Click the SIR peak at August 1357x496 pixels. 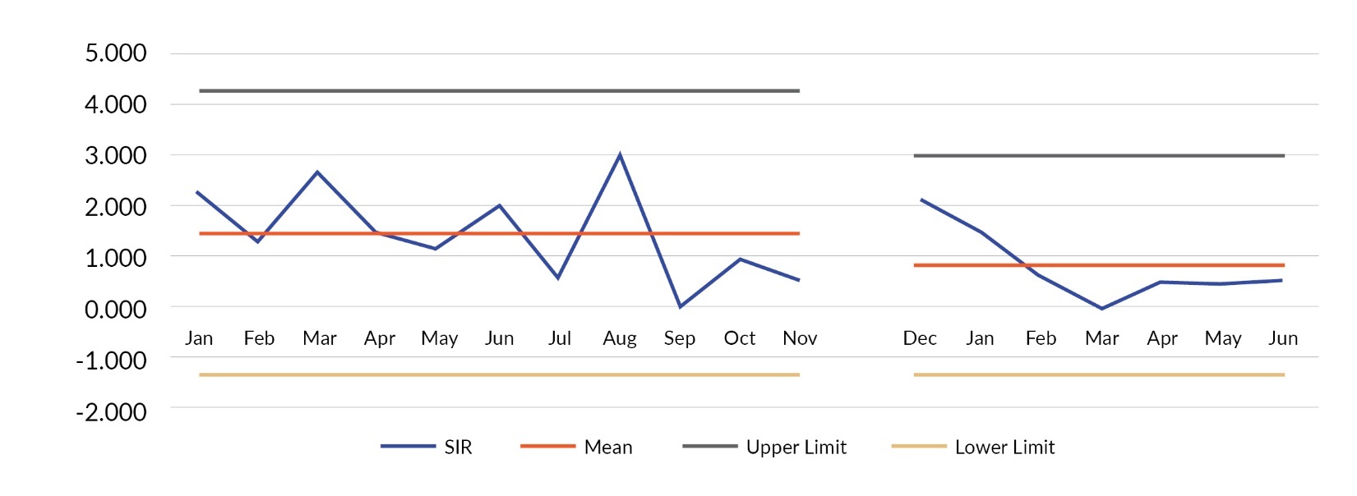[620, 154]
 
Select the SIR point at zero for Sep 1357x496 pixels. [680, 306]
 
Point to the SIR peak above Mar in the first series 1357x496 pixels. [318, 172]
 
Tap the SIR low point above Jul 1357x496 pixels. [559, 278]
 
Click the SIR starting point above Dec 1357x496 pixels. [921, 200]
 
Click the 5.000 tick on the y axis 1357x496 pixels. [116, 53]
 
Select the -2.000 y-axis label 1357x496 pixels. [111, 411]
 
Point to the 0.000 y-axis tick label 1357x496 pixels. [116, 310]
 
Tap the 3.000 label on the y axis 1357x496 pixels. [116, 155]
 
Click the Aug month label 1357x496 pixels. [620, 338]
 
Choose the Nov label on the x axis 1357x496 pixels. [800, 338]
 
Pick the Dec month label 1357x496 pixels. [920, 338]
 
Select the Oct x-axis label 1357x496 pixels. [740, 338]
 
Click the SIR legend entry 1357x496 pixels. [458, 448]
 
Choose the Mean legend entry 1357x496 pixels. [608, 448]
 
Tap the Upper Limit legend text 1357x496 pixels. [796, 448]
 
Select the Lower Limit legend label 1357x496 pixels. [1004, 448]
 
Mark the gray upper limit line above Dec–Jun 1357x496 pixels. [1099, 155]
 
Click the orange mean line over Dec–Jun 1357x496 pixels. [1099, 265]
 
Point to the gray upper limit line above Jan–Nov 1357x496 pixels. [499, 90]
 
